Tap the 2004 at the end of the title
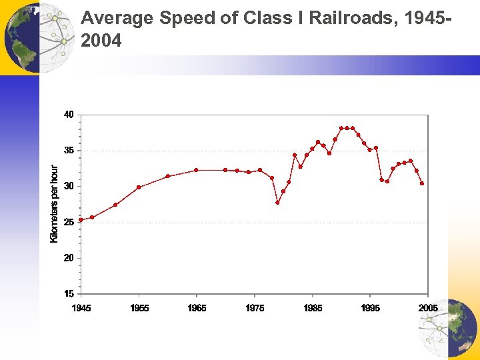(101, 41)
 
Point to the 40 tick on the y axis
(69, 115)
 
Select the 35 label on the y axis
(69, 151)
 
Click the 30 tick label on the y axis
(69, 186)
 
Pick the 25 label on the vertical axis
(69, 222)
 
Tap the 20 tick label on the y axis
(69, 258)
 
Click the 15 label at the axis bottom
(69, 293)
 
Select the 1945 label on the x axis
(81, 307)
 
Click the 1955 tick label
(139, 307)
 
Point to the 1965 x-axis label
(197, 307)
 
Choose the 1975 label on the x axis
(255, 307)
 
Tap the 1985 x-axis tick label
(313, 307)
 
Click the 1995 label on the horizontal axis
(371, 307)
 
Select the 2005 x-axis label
(428, 307)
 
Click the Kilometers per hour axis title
(55, 204)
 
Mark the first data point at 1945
(81, 219)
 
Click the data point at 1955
(139, 187)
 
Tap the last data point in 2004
(422, 183)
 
